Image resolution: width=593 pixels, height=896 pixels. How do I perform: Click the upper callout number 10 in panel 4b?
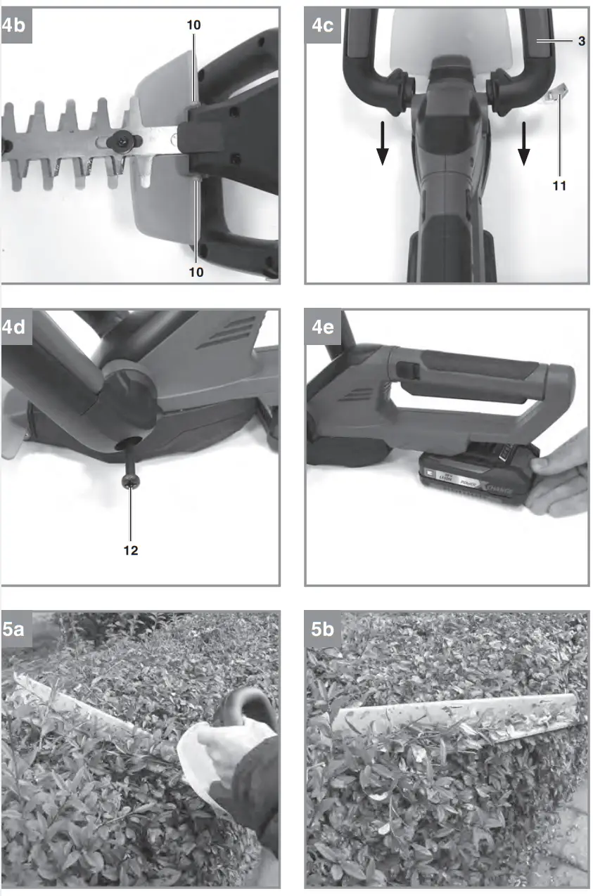tap(194, 25)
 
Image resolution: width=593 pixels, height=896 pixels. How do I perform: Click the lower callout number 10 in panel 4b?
tap(196, 271)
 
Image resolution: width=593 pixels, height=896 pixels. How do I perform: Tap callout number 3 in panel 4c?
tap(582, 41)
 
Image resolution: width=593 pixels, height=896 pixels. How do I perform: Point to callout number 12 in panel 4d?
tap(131, 550)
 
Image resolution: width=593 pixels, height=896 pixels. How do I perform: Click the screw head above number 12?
tap(130, 481)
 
